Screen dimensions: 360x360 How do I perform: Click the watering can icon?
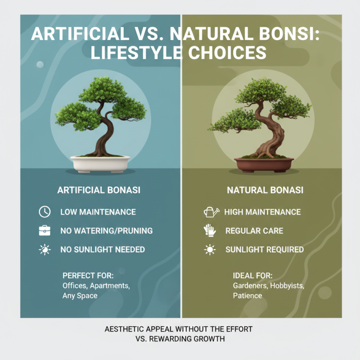click(x=210, y=211)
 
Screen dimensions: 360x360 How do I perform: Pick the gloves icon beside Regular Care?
click(x=210, y=230)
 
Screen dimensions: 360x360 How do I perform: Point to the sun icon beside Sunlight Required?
click(x=210, y=249)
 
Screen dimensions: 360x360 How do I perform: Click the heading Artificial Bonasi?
click(x=99, y=190)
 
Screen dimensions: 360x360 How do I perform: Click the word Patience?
click(x=247, y=296)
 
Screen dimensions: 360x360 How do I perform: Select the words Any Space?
click(x=80, y=296)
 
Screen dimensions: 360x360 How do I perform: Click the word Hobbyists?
click(x=290, y=286)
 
